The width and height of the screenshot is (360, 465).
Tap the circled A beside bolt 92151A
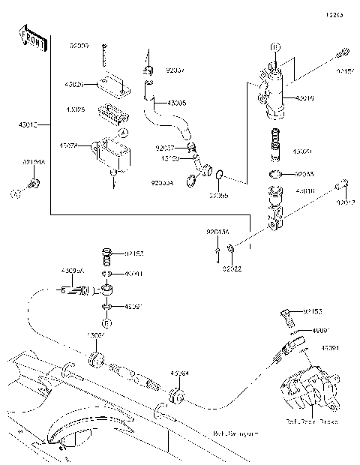[x=15, y=193]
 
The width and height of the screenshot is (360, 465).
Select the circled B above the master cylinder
[x=274, y=47]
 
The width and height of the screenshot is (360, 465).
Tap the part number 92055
[x=218, y=195]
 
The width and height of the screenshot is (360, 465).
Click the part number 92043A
[x=218, y=232]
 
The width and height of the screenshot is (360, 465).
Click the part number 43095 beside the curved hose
[x=177, y=103]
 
